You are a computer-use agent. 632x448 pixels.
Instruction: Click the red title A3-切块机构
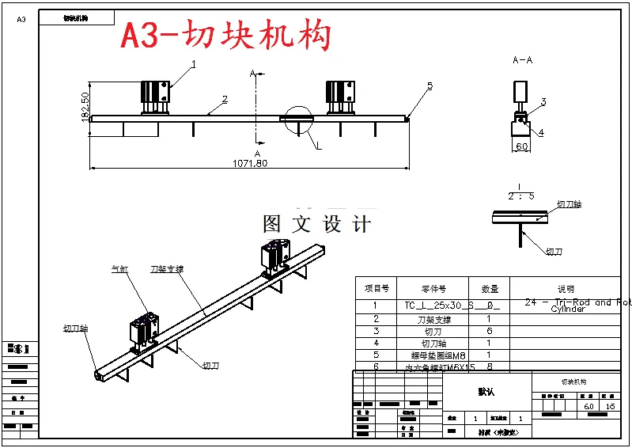click(225, 36)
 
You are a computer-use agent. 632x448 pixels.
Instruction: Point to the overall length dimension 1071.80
click(249, 163)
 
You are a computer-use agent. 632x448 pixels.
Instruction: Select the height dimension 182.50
click(85, 107)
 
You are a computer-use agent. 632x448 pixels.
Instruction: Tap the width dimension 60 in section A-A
click(521, 147)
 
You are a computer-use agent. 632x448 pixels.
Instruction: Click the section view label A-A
click(522, 59)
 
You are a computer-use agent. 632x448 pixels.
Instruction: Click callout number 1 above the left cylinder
click(194, 64)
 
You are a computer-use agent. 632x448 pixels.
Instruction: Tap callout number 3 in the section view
click(543, 102)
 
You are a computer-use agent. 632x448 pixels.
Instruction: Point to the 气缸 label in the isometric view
click(119, 270)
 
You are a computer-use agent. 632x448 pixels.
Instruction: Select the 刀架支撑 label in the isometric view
click(167, 269)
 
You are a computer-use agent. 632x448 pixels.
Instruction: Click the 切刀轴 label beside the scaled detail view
click(569, 204)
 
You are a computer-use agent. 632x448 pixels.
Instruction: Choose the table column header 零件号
click(433, 289)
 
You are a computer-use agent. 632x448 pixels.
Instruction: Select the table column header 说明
click(566, 289)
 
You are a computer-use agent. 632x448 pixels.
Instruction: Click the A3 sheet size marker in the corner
click(21, 19)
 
